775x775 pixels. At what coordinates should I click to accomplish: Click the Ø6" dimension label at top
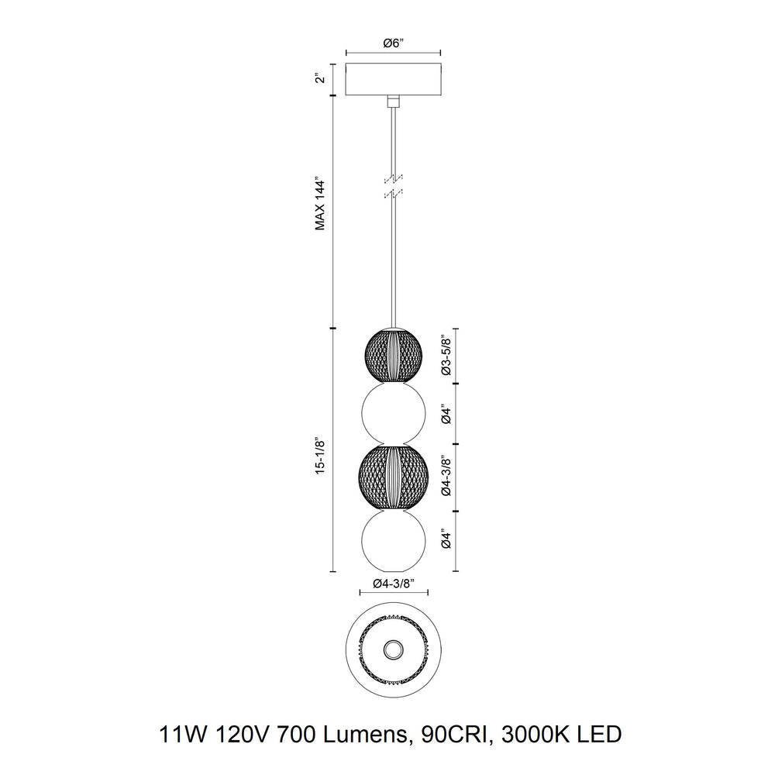tap(394, 44)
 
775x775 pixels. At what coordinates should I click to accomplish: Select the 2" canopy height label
tap(319, 80)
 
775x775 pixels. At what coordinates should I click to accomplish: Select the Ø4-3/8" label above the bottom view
tap(394, 583)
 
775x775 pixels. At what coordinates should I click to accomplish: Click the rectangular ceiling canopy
tap(394, 80)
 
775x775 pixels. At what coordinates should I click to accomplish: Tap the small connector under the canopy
tap(394, 100)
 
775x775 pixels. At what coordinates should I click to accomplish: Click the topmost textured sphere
tap(394, 355)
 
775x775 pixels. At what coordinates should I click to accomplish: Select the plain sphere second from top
tap(394, 414)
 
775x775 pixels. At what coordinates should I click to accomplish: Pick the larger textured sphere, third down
tap(394, 476)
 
